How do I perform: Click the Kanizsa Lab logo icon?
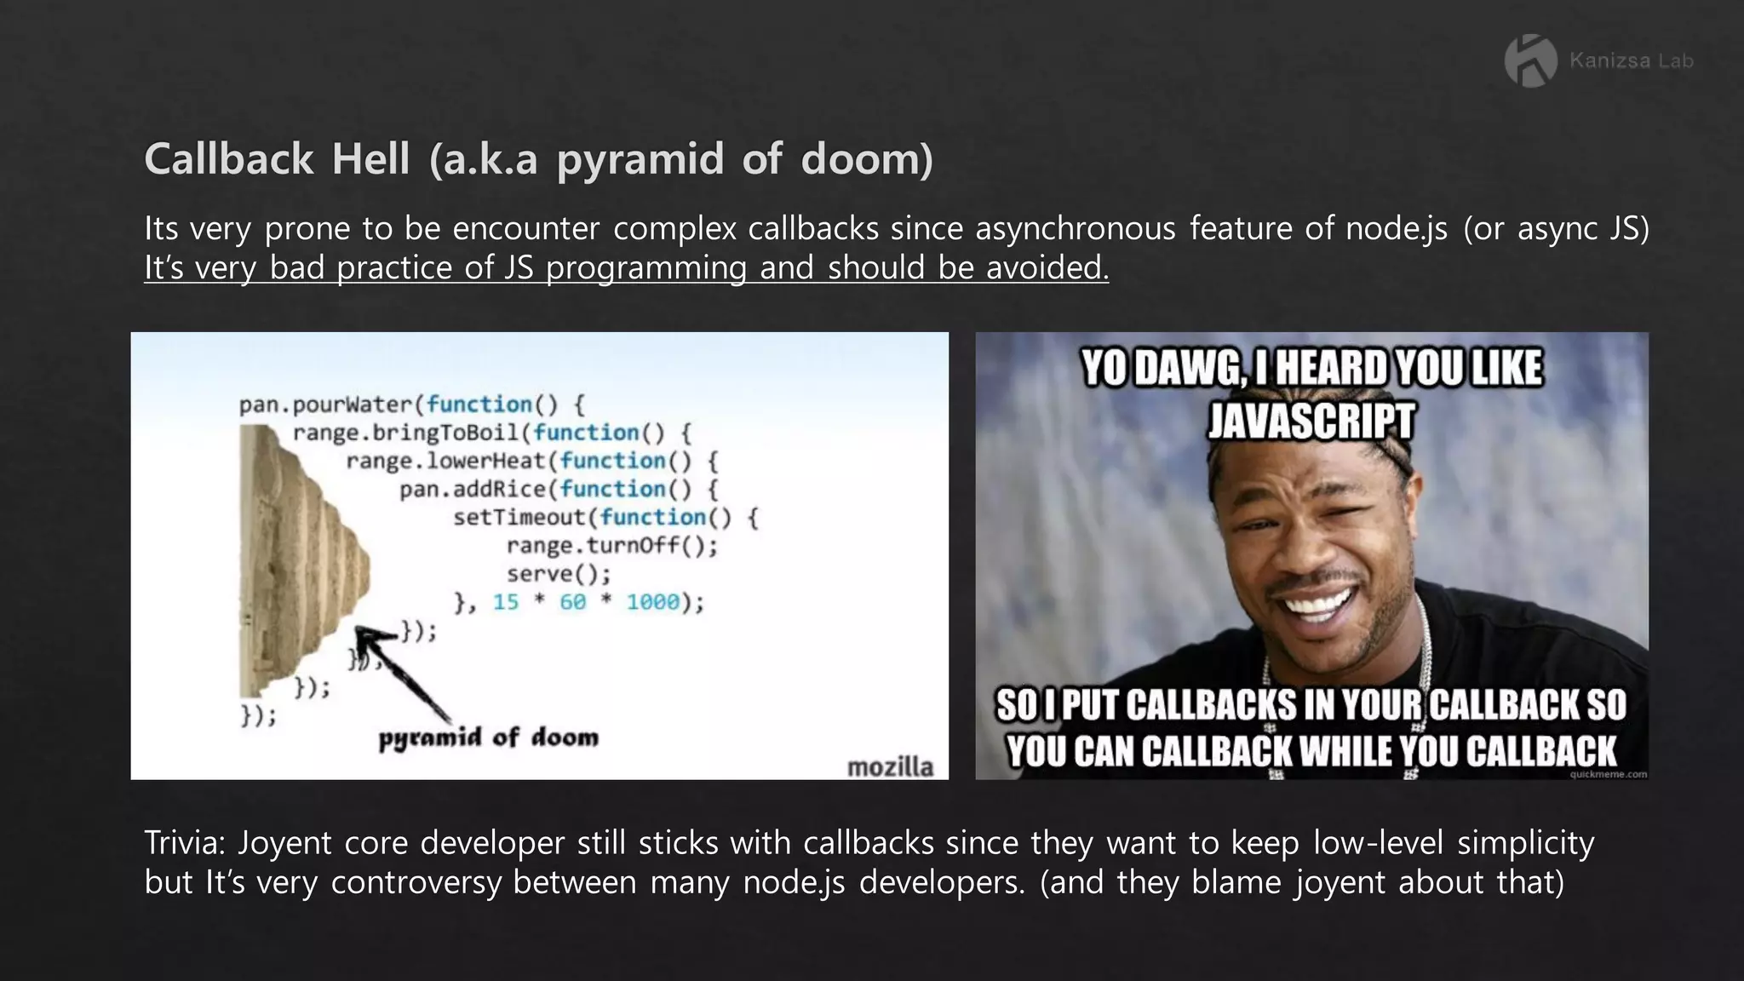tap(1531, 60)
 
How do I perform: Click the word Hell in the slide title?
tap(370, 159)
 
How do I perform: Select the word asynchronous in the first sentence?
tap(1075, 228)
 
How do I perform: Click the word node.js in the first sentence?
tap(1396, 228)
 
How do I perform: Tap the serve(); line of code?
tap(559, 574)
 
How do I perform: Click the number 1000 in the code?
tap(653, 602)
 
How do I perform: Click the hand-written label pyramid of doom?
tap(488, 737)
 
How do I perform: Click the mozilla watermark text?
tap(890, 766)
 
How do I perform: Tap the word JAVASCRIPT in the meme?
tap(1311, 421)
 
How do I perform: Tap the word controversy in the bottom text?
tap(416, 881)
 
